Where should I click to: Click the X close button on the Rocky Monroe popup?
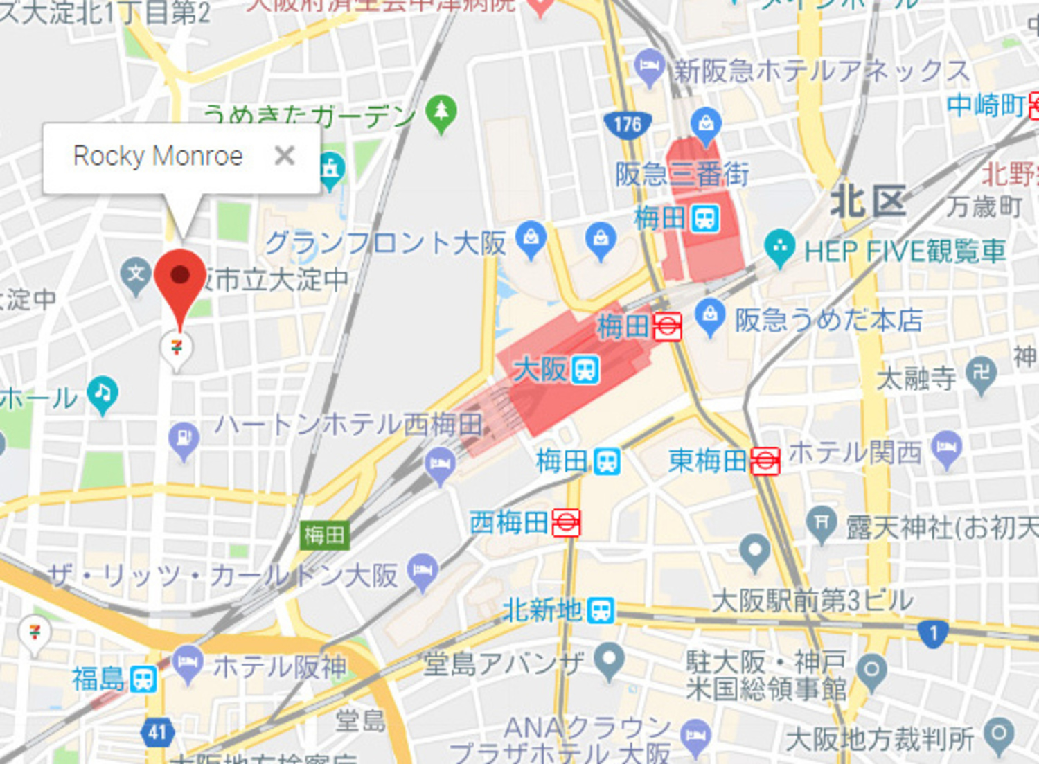click(284, 156)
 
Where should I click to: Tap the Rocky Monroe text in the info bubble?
click(158, 156)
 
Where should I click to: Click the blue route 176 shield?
click(628, 125)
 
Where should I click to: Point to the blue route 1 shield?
click(932, 633)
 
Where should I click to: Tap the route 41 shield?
click(157, 732)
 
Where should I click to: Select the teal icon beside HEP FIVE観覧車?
click(780, 247)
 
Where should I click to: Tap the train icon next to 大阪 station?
click(586, 370)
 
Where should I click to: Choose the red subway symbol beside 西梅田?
click(566, 523)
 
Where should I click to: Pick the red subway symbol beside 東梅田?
click(765, 461)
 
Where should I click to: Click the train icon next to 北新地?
click(601, 611)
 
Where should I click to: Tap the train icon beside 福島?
click(143, 679)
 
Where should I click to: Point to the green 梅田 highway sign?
click(324, 535)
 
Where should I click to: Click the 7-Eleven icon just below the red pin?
click(177, 347)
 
